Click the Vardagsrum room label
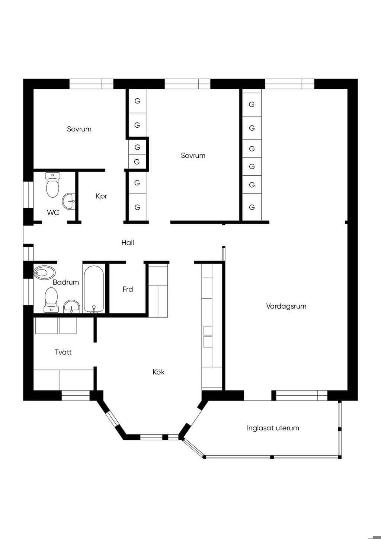pos(286,306)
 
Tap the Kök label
pos(159,372)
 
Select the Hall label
pos(128,243)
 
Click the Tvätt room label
pos(63,352)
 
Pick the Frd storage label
pos(128,289)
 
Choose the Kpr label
pos(101,196)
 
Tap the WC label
pos(53,213)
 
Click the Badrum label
pos(65,282)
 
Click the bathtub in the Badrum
pos(94,289)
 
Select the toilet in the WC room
pos(52,185)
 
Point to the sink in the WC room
pos(69,201)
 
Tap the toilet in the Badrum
pos(51,300)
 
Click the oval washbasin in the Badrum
pos(44,272)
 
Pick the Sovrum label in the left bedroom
pos(79,129)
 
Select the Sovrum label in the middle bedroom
pos(193,156)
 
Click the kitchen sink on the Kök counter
pos(208,337)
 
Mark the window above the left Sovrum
pos(92,84)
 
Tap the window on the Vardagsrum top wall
pos(289,84)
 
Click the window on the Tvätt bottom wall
pos(76,395)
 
